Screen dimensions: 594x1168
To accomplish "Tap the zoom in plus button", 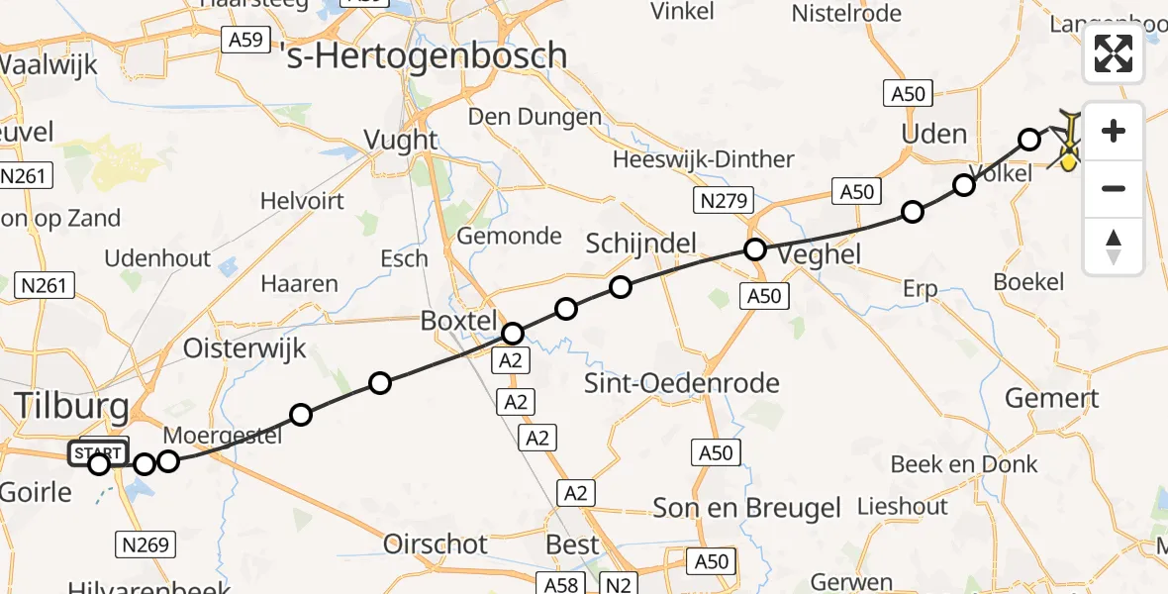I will (1114, 132).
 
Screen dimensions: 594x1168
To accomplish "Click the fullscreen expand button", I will (1114, 53).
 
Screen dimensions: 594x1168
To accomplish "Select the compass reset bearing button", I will (1114, 246).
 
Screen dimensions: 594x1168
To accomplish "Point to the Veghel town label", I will (820, 254).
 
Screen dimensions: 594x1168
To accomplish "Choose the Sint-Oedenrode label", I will (682, 383).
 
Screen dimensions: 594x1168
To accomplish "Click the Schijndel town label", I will (641, 244).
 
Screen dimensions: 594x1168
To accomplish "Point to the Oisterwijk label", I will (244, 348).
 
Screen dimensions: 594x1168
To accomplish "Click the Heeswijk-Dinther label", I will (703, 159).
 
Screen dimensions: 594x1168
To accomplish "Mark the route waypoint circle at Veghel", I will (755, 249).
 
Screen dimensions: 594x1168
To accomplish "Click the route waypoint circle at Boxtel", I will (513, 334).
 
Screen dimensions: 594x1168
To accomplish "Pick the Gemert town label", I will (1051, 399).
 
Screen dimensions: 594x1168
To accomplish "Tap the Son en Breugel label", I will (746, 509).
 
